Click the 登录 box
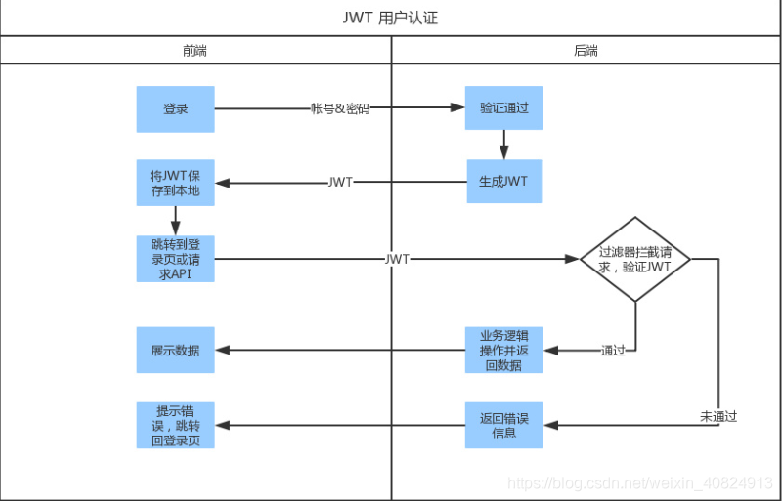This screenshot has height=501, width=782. coord(175,108)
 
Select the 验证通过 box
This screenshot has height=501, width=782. coord(504,108)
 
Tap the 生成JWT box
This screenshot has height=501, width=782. coord(504,182)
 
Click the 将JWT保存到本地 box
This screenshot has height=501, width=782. coord(175,183)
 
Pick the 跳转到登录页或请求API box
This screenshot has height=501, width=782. coord(175,259)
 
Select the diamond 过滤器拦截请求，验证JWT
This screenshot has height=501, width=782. coord(635,259)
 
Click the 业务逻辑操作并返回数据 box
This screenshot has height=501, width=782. coord(504,350)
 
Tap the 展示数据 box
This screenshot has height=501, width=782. coord(175,350)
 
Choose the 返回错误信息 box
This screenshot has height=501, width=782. coord(504,425)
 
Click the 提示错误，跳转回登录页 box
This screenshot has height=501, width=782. coord(175,425)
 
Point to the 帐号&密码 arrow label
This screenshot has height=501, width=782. coord(339,108)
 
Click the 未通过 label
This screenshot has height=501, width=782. coord(718,416)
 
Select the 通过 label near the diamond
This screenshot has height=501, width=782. coord(613,350)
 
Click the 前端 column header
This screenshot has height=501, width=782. coord(195,50)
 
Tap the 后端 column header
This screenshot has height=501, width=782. coord(586,50)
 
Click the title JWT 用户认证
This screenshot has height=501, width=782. coord(391,18)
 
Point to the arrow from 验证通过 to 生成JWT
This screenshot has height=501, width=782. coord(504,145)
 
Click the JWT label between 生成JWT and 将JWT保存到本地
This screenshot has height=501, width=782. coord(340,183)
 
